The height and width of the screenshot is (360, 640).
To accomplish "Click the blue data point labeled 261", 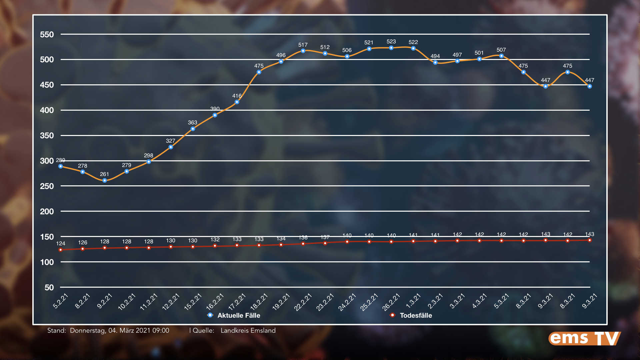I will pyautogui.click(x=105, y=180).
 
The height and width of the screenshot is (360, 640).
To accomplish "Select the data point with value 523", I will pyautogui.click(x=391, y=48).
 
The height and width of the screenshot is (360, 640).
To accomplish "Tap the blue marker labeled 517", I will pyautogui.click(x=303, y=51).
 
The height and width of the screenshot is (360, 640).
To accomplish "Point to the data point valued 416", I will pyautogui.click(x=237, y=102).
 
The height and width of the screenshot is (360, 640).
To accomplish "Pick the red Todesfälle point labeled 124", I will pyautogui.click(x=61, y=250).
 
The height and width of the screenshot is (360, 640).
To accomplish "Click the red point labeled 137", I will pyautogui.click(x=325, y=243).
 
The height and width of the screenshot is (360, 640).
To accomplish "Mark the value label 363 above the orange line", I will pyautogui.click(x=192, y=123).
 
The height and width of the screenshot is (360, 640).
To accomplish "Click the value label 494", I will pyautogui.click(x=435, y=56).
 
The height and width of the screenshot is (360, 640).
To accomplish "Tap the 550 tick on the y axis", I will pyautogui.click(x=47, y=35).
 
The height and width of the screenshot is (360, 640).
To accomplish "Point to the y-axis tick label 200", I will pyautogui.click(x=47, y=212).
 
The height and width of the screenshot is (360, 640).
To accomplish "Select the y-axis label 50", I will pyautogui.click(x=49, y=288).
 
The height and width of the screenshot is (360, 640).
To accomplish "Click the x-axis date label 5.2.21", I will pyautogui.click(x=61, y=301).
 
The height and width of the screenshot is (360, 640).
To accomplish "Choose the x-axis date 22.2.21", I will pyautogui.click(x=303, y=302).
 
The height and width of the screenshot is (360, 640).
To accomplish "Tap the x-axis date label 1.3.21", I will pyautogui.click(x=413, y=301).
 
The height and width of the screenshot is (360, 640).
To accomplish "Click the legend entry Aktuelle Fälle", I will pyautogui.click(x=238, y=315).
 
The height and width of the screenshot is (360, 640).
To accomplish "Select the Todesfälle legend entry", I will pyautogui.click(x=415, y=315).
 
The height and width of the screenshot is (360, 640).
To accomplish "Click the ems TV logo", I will pyautogui.click(x=585, y=338).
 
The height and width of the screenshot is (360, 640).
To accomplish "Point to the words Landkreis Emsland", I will pyautogui.click(x=248, y=331).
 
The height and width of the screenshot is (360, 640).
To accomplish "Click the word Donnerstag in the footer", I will pyautogui.click(x=88, y=331).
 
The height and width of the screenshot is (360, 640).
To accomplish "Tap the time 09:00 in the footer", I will pyautogui.click(x=161, y=331).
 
